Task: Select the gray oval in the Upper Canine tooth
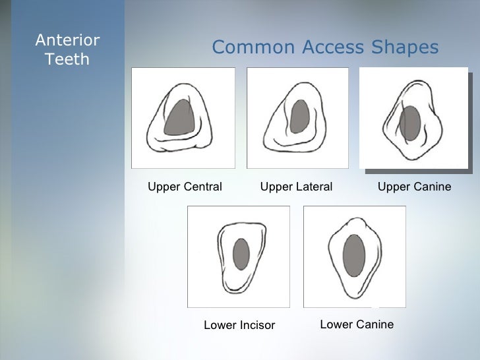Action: [x=410, y=123]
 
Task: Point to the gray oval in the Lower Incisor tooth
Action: [x=241, y=254]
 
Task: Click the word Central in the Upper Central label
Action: [x=202, y=187]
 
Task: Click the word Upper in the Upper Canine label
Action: [x=392, y=187]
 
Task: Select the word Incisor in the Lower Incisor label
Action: [x=255, y=325]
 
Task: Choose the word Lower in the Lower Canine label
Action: [x=335, y=324]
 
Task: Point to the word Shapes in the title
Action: [x=405, y=48]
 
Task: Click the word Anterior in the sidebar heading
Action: [x=67, y=41]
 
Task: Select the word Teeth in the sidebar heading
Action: [x=67, y=60]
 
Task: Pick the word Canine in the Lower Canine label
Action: [x=373, y=324]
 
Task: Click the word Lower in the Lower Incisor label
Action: [x=219, y=325]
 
